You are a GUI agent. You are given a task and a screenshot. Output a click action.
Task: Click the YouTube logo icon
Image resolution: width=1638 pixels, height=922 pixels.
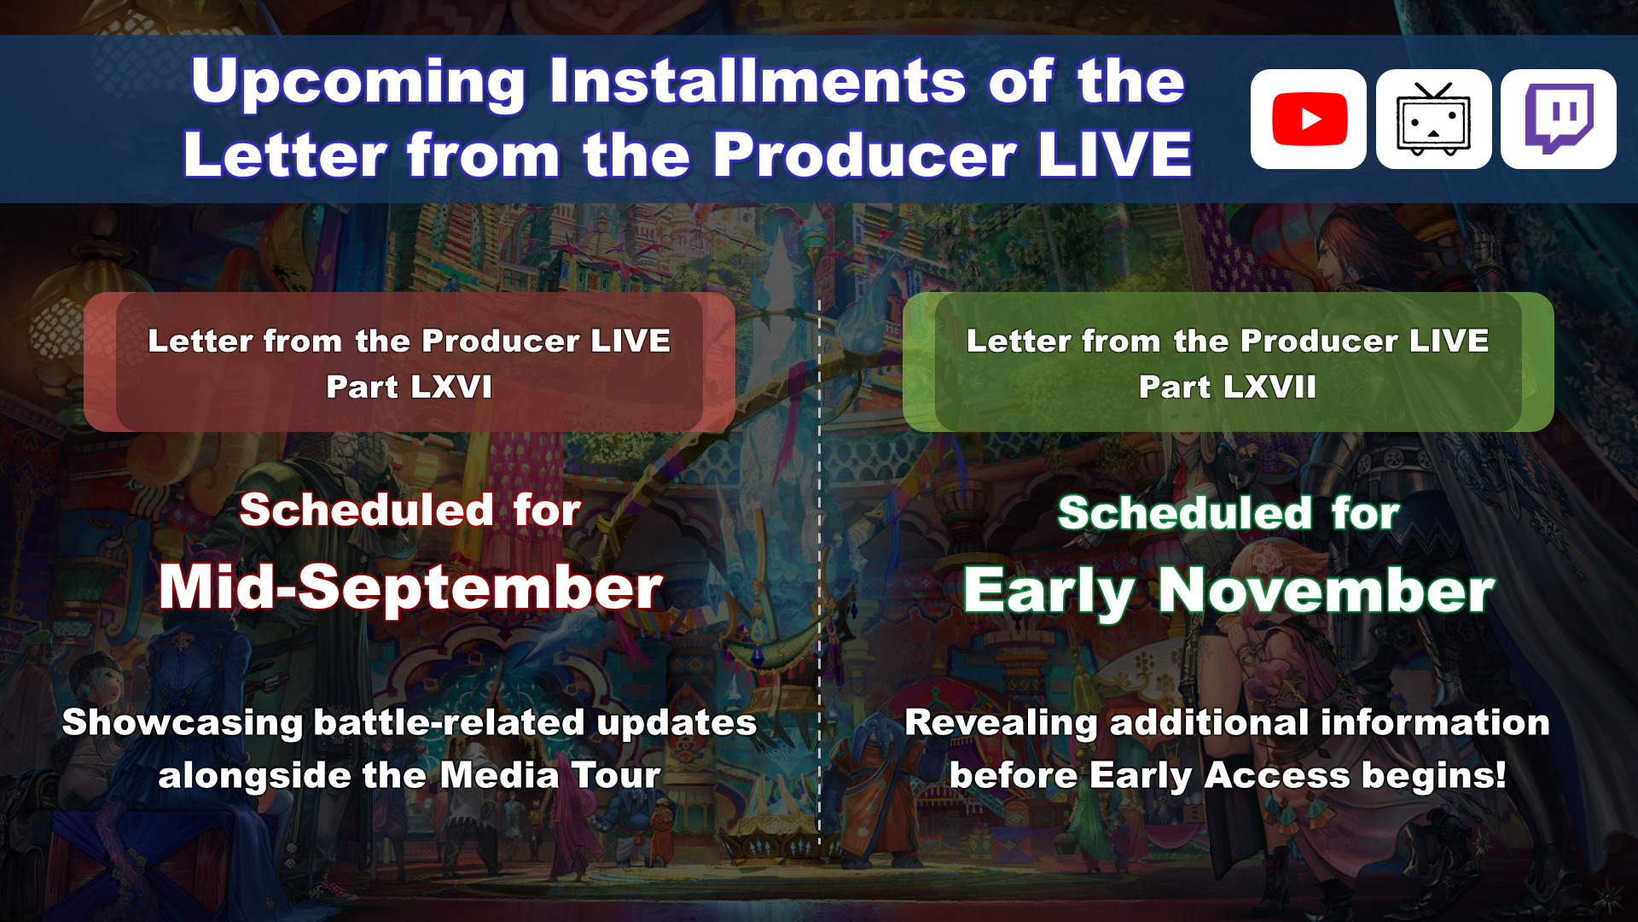(1309, 119)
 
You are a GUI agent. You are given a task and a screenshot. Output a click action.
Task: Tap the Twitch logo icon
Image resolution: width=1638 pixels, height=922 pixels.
(1559, 119)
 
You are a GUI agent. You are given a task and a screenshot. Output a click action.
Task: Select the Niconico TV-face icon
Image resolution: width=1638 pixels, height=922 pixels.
(1433, 119)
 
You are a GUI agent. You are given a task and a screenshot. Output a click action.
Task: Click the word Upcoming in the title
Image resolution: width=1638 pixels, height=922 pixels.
(358, 84)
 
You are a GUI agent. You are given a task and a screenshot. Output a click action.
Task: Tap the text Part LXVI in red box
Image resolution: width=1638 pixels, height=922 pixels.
(409, 387)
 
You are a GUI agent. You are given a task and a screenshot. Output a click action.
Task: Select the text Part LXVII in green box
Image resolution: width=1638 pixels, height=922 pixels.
(1228, 387)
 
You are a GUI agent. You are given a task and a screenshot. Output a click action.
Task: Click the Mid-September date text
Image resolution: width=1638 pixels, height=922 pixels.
(410, 587)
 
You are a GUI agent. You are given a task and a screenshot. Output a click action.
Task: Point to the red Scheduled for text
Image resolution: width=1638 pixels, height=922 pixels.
(410, 510)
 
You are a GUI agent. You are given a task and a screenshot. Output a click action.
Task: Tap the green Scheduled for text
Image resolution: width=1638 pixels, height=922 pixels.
(1228, 513)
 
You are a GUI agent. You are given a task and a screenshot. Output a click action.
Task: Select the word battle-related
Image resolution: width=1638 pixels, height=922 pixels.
(450, 722)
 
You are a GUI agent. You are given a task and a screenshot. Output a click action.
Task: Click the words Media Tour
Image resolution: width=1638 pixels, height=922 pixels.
(550, 775)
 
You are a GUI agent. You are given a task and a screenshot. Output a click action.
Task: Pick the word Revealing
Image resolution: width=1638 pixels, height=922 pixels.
(1001, 723)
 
